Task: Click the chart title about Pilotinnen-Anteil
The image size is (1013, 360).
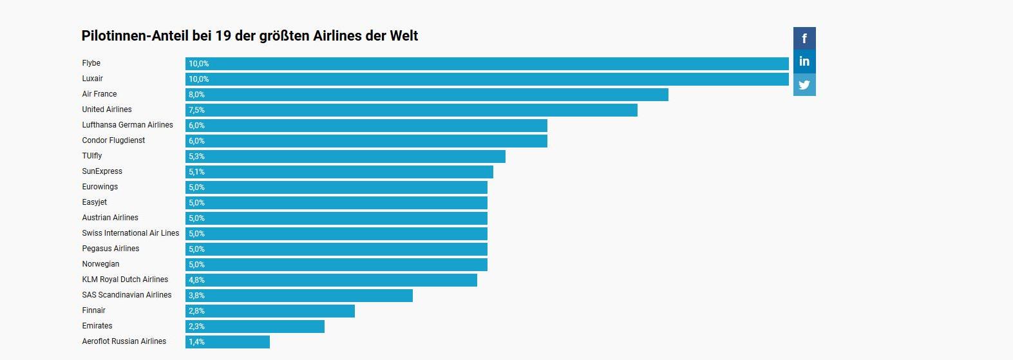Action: pyautogui.click(x=250, y=36)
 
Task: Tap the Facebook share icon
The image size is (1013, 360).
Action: pyautogui.click(x=804, y=39)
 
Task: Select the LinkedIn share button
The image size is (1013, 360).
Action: pyautogui.click(x=804, y=62)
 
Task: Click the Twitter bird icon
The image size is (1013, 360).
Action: pyautogui.click(x=804, y=85)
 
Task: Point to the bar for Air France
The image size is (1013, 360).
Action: pyautogui.click(x=427, y=95)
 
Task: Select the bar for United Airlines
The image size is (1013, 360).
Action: pyautogui.click(x=412, y=110)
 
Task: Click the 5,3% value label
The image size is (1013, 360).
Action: pyautogui.click(x=196, y=156)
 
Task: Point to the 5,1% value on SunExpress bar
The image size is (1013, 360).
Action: pyautogui.click(x=196, y=172)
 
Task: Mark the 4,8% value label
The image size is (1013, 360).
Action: pyautogui.click(x=196, y=280)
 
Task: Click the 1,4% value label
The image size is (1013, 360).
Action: pyautogui.click(x=196, y=342)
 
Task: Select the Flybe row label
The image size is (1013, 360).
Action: pyautogui.click(x=91, y=63)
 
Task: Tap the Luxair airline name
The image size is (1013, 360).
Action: pyautogui.click(x=93, y=79)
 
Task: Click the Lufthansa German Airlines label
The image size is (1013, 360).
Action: pyautogui.click(x=128, y=125)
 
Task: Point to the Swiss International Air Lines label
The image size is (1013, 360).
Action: pyautogui.click(x=131, y=233)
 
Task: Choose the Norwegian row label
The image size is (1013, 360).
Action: pyautogui.click(x=100, y=264)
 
